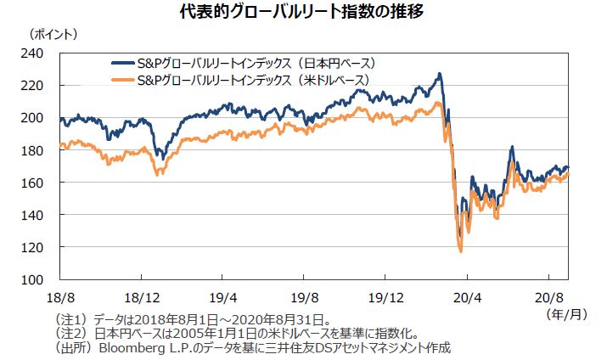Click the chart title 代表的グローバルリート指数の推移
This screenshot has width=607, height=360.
pyautogui.click(x=303, y=13)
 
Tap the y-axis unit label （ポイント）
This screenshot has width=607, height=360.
pyautogui.click(x=53, y=35)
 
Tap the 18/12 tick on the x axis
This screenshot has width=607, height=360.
pyautogui.click(x=141, y=300)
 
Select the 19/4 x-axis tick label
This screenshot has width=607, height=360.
pyautogui.click(x=222, y=300)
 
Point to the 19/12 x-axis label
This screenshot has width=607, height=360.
pyautogui.click(x=385, y=300)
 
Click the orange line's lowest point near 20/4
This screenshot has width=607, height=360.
pyautogui.click(x=460, y=251)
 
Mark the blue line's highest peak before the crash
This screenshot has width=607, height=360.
pyautogui.click(x=439, y=75)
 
